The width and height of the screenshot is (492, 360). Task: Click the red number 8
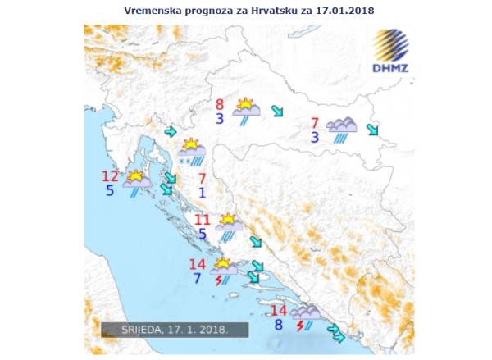220,104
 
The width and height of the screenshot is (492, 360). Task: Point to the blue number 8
279,325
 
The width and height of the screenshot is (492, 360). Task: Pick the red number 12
110,176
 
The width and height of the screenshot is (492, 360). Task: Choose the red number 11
203,220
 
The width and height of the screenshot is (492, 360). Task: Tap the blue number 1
203,194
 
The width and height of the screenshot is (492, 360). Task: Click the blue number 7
197,279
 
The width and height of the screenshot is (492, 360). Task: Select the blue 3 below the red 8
220,119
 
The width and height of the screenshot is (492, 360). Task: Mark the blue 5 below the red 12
110,191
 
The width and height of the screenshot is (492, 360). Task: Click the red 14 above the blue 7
197,264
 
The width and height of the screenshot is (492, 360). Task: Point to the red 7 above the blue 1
203,179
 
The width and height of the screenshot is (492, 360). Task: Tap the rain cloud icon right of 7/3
341,130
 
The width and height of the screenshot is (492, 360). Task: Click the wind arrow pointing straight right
171,131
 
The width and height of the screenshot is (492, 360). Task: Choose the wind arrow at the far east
373,130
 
